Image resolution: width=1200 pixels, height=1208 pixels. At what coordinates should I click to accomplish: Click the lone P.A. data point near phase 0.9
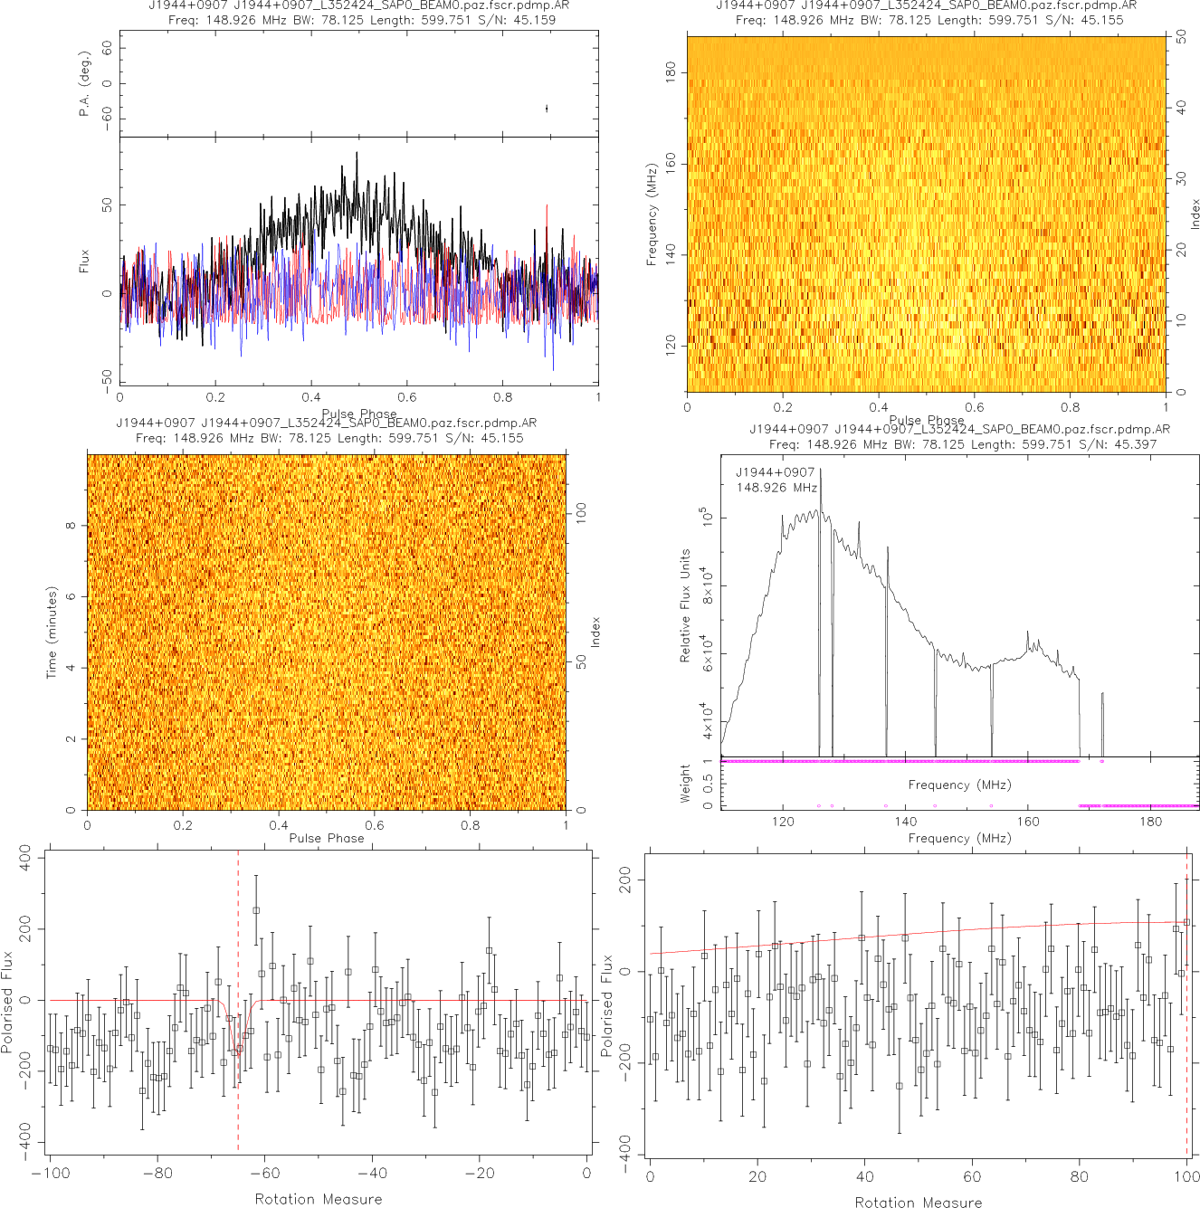[x=547, y=109]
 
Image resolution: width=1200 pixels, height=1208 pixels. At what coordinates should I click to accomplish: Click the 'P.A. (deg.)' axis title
[x=84, y=83]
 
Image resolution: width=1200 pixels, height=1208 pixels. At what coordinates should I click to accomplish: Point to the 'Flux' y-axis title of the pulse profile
[x=84, y=262]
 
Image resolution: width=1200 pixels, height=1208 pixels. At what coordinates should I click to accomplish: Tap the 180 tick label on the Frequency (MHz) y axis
[x=671, y=72]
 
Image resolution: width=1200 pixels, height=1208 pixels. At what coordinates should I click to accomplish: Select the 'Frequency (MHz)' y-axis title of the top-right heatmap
[x=651, y=214]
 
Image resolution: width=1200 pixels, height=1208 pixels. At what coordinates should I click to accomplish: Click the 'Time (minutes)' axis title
[x=52, y=633]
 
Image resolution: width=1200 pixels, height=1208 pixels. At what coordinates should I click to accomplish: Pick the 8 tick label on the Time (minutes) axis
[x=71, y=526]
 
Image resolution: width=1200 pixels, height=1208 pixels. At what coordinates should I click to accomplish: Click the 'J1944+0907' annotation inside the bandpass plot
[x=775, y=472]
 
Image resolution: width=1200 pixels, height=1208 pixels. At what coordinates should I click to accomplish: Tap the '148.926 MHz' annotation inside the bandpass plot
[x=776, y=488]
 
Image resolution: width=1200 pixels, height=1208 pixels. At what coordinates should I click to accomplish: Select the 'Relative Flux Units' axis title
[x=685, y=605]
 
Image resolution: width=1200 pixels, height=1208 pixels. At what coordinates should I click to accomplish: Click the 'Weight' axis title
[x=685, y=783]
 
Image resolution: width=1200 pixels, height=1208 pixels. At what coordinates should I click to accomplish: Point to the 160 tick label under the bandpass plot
[x=1028, y=822]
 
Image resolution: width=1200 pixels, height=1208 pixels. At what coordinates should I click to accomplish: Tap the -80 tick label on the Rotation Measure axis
[x=157, y=1174]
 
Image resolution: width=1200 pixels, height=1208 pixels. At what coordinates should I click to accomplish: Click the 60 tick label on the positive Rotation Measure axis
[x=972, y=1177]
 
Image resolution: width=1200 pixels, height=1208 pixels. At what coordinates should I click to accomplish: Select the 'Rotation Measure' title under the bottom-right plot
[x=918, y=1202]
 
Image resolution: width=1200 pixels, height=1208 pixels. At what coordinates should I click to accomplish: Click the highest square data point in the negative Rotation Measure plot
[x=256, y=910]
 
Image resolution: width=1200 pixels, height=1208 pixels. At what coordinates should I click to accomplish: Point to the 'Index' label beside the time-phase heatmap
[x=595, y=632]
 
